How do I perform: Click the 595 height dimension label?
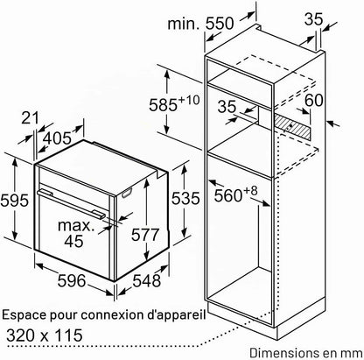(15, 201)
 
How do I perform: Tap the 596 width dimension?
(72, 281)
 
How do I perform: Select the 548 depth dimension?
(147, 281)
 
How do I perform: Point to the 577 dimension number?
(145, 235)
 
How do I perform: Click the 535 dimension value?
(185, 198)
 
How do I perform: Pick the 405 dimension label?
(58, 138)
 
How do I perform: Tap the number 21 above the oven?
(31, 118)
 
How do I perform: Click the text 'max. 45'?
(74, 233)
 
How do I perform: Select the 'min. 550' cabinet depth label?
(200, 24)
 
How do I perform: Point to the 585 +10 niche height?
(174, 103)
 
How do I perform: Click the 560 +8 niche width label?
(236, 194)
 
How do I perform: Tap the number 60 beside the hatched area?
(314, 100)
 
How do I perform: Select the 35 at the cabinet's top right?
(314, 19)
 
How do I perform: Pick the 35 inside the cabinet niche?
(227, 106)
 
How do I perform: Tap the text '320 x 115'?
(45, 335)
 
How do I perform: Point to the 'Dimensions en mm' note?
(306, 353)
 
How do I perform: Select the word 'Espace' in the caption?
(24, 316)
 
